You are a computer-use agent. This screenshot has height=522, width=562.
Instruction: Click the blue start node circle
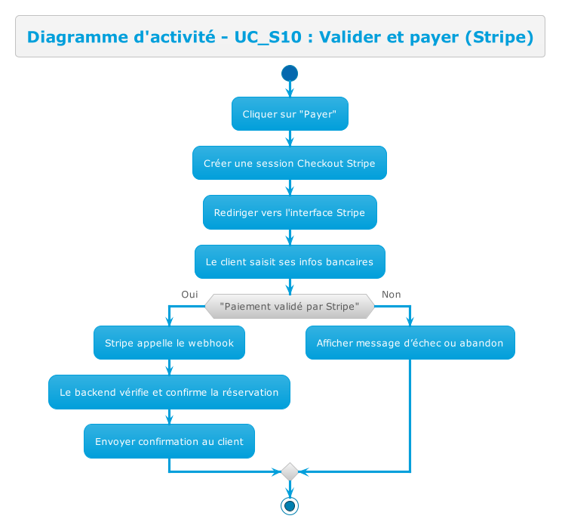[290, 73]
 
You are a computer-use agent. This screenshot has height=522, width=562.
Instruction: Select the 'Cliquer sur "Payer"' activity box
[290, 114]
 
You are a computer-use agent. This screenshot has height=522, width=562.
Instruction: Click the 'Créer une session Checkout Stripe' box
[290, 163]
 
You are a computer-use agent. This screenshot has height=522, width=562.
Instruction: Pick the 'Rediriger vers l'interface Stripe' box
[290, 212]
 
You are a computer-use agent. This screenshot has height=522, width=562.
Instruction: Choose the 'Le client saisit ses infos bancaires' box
[290, 261]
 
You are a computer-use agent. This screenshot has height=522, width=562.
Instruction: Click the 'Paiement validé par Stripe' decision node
[290, 306]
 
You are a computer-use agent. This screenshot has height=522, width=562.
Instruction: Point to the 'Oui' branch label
[189, 294]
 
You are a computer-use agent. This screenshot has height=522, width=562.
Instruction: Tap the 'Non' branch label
[391, 294]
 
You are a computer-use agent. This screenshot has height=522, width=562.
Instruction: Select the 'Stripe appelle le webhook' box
[169, 343]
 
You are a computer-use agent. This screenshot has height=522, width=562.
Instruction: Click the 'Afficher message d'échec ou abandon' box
[410, 343]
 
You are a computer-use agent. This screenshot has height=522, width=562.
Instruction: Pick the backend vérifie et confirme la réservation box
[169, 392]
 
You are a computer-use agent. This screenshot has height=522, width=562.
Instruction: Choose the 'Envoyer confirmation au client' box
[169, 441]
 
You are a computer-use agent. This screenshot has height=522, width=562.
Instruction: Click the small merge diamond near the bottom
[290, 472]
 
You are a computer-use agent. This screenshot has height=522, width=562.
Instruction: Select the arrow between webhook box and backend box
[169, 367]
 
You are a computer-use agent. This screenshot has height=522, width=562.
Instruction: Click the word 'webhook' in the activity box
[211, 343]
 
